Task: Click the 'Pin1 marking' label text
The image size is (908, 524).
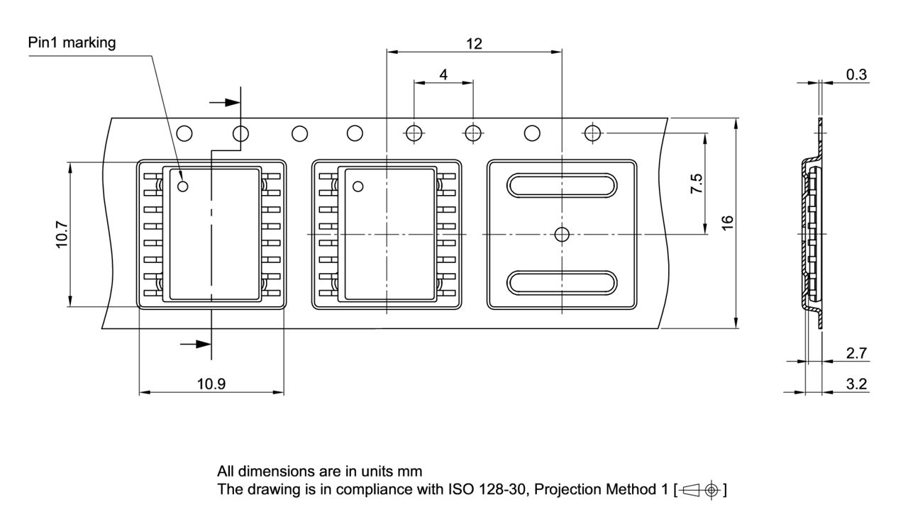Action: pyautogui.click(x=71, y=43)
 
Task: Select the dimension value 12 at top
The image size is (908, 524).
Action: pyautogui.click(x=474, y=43)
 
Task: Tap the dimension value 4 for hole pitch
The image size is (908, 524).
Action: pyautogui.click(x=443, y=74)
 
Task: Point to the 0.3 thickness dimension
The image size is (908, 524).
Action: pyautogui.click(x=857, y=74)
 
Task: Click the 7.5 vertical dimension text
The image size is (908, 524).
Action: pyautogui.click(x=697, y=183)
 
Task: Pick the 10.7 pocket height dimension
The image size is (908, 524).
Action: pyautogui.click(x=62, y=234)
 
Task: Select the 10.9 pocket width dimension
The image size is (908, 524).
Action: pyautogui.click(x=211, y=384)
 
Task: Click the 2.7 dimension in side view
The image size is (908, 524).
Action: pyautogui.click(x=856, y=353)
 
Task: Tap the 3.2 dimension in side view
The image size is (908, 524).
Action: pyautogui.click(x=856, y=384)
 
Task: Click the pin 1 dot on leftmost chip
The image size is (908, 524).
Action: pyautogui.click(x=183, y=186)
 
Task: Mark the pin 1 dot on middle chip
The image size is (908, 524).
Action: pyautogui.click(x=358, y=186)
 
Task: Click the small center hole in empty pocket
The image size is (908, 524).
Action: pyautogui.click(x=562, y=233)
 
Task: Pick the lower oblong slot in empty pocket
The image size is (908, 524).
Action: pyautogui.click(x=562, y=281)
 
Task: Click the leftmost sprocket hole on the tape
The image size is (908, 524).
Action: pyautogui.click(x=184, y=133)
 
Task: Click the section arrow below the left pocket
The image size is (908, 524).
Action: pyautogui.click(x=196, y=344)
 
